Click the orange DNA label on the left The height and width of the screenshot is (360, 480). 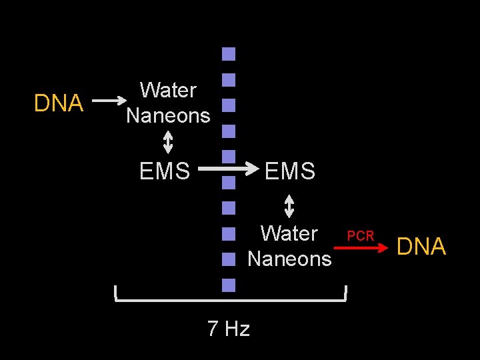point(59,103)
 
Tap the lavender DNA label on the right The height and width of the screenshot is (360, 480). point(421,247)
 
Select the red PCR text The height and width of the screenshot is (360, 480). point(361,236)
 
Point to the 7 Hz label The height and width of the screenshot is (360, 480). point(228,329)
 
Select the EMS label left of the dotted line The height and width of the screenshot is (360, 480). point(165,171)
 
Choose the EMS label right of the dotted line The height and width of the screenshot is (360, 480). point(289,171)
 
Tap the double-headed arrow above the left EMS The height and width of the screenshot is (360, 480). point(168,142)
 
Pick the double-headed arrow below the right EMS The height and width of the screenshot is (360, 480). point(289,205)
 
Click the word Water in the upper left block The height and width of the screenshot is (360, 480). point(168,90)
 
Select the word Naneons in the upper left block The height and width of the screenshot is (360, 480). point(168,116)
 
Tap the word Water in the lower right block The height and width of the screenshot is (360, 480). point(289,233)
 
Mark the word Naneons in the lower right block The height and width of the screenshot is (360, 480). point(289,259)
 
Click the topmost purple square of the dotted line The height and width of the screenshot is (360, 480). point(229,54)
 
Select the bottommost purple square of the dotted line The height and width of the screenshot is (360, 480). point(229,285)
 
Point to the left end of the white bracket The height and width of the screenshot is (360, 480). point(116,293)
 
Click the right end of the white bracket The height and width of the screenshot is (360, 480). point(346,293)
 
